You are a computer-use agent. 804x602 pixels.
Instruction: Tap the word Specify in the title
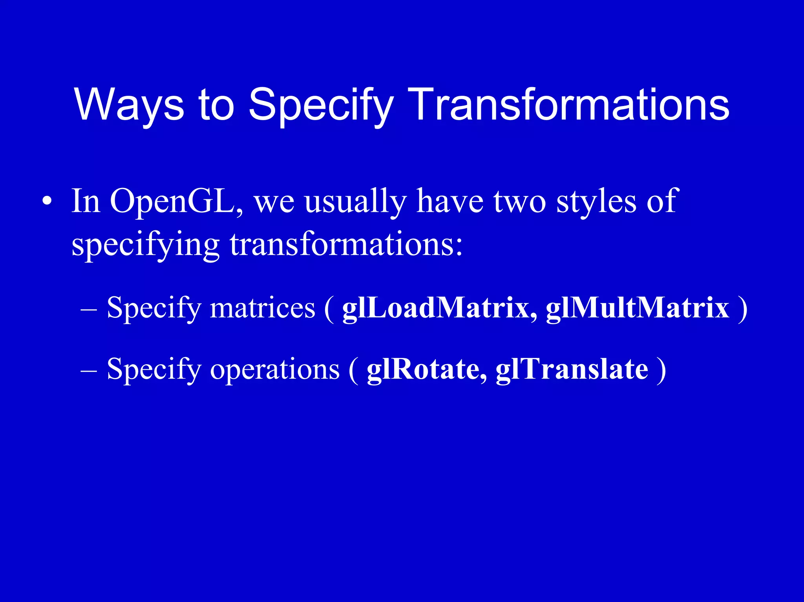tap(321, 104)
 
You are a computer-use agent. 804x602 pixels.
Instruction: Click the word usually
tap(356, 201)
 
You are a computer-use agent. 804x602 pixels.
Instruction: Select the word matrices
tap(262, 308)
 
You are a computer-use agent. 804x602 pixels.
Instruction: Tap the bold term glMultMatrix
tap(637, 308)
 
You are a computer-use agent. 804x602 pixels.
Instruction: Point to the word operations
tap(275, 369)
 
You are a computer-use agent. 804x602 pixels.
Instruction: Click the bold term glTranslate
tap(572, 369)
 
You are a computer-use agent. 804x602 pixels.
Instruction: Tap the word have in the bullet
tap(450, 201)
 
